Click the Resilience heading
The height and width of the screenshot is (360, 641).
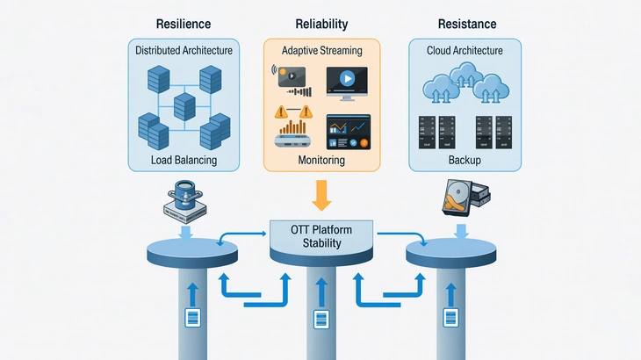click(x=183, y=25)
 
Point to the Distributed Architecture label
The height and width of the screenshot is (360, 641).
click(x=184, y=50)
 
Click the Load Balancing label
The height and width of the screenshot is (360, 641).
click(x=184, y=161)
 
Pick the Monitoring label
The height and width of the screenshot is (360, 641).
click(x=321, y=161)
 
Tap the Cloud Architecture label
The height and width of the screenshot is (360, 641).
click(x=465, y=50)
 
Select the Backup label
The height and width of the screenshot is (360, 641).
click(x=465, y=161)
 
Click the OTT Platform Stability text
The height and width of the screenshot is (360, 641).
click(x=320, y=236)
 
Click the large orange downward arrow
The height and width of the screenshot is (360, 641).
click(x=321, y=194)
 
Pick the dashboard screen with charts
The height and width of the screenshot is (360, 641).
click(x=348, y=133)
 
